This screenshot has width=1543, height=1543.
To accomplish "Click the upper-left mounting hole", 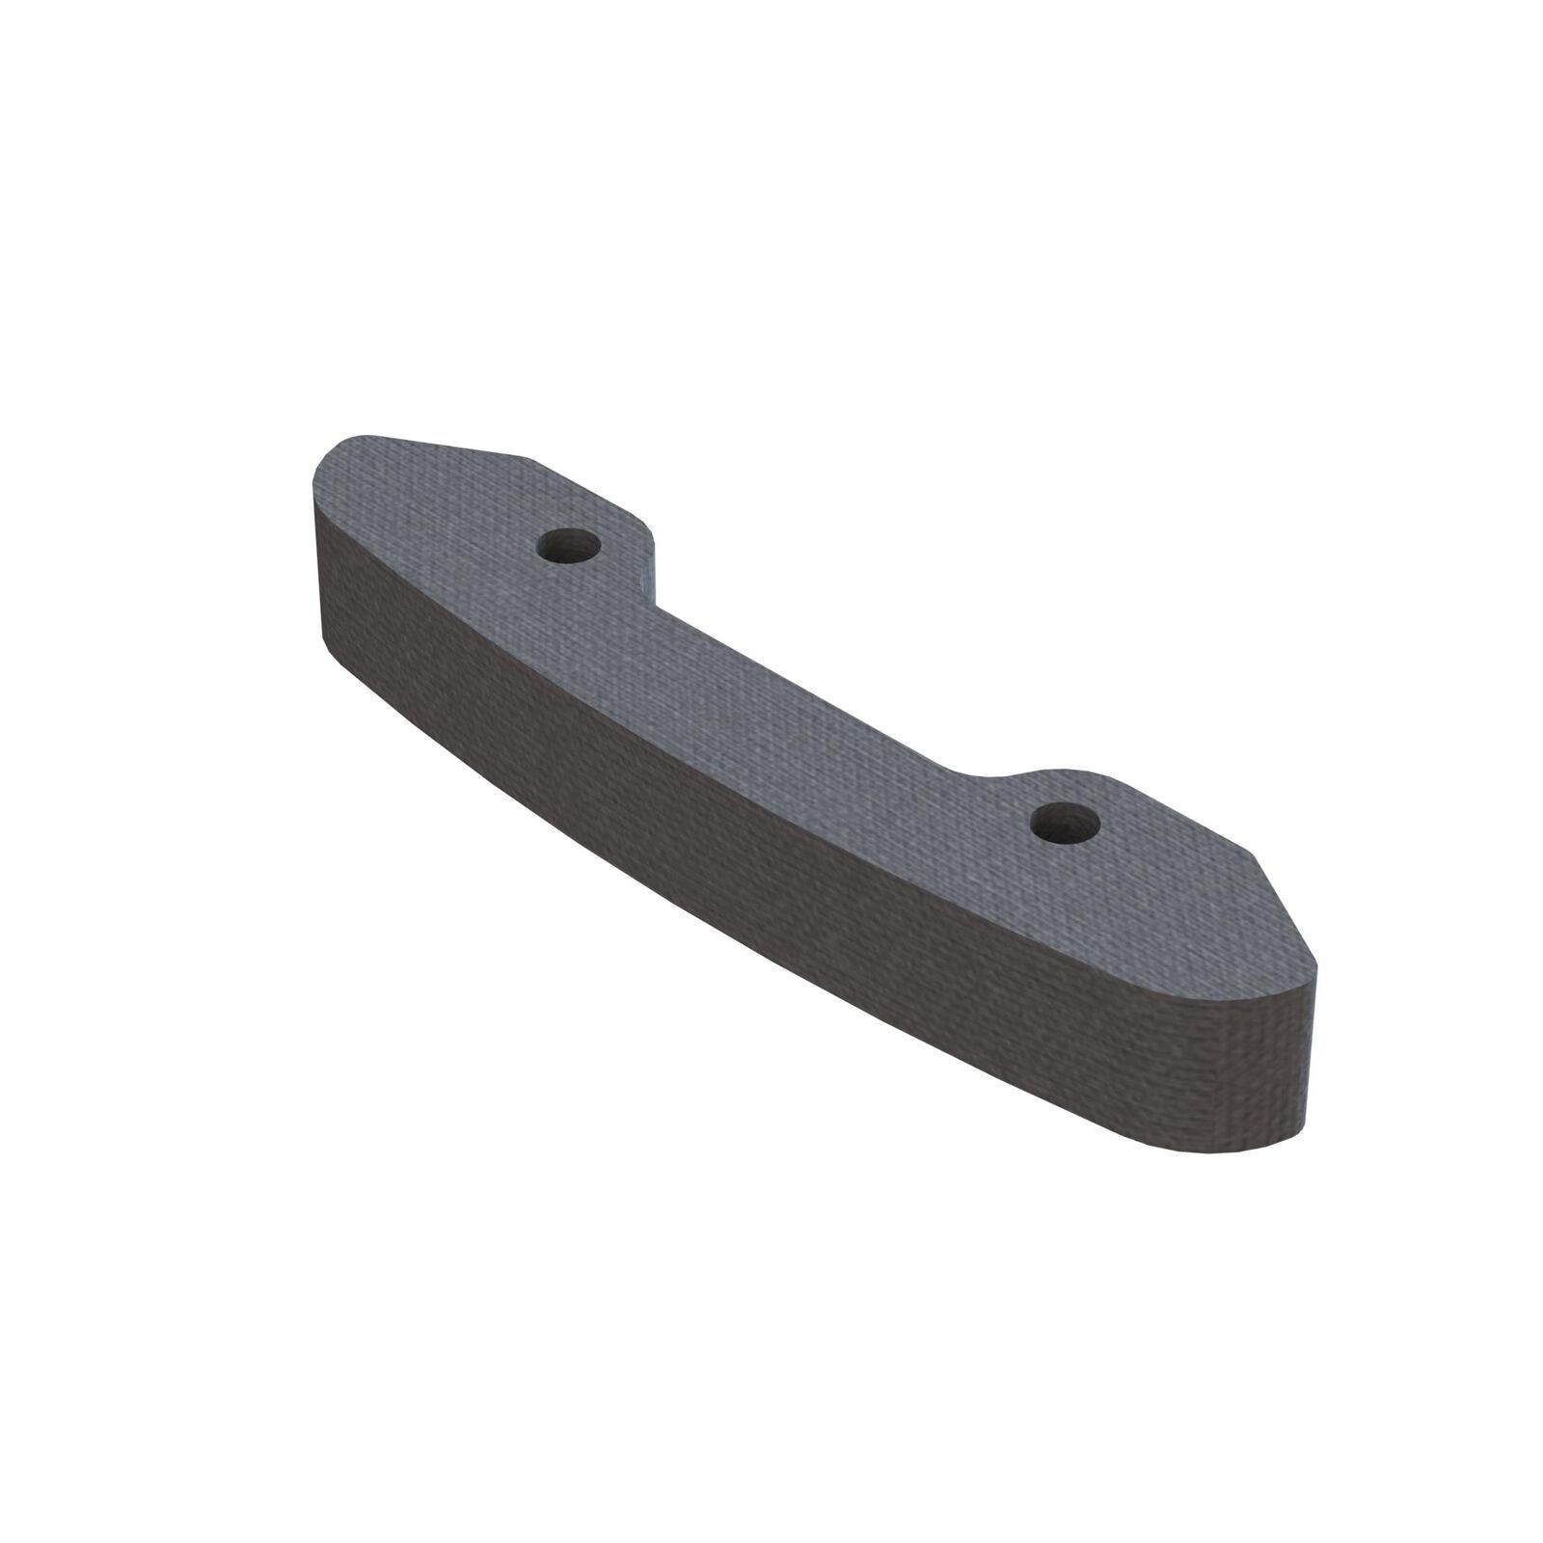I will coord(569,547).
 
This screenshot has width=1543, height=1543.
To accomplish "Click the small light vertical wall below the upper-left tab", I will coord(647,580).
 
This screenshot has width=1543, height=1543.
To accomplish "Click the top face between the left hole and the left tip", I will coord(434,511).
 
